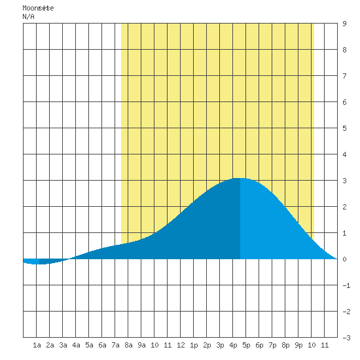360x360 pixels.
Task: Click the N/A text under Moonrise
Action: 28,16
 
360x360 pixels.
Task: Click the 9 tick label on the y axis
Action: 344,24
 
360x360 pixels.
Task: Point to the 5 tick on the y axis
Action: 344,128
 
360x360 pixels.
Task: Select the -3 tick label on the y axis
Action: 346,338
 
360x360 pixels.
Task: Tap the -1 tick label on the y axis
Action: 346,285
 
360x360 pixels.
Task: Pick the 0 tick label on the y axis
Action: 344,259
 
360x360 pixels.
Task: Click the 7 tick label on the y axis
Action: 344,76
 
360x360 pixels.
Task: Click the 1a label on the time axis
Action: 37,345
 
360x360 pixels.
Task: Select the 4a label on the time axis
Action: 76,345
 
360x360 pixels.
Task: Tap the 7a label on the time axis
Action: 115,345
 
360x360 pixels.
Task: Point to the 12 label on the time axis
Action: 181,345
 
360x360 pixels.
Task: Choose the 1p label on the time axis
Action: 194,345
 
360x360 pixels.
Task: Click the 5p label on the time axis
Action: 246,345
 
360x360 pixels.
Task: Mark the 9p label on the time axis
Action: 298,345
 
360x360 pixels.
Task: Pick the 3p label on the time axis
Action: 220,345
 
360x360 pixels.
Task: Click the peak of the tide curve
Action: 240,178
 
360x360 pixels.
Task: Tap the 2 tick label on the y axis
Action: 344,207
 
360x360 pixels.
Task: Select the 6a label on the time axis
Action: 102,345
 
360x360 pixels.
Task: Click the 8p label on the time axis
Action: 285,345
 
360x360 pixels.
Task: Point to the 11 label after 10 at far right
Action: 325,345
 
